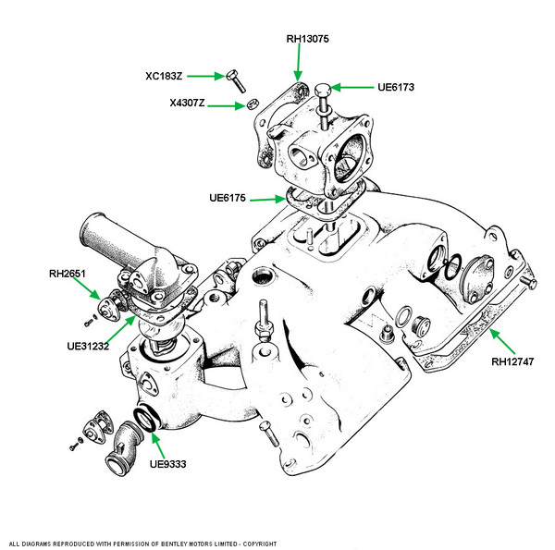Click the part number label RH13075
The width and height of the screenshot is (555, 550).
coord(307,39)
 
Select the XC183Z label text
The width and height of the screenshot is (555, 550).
coord(164,76)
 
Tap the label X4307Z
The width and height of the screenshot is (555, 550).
coord(187,103)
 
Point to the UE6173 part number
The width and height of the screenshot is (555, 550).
coord(396,87)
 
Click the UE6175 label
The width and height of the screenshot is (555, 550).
coord(228,198)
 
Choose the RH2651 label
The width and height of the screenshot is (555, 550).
coord(68,274)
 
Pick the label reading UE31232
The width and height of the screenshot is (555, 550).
coord(88,346)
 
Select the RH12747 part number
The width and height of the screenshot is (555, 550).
coord(512,361)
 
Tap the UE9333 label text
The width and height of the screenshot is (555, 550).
coord(167,464)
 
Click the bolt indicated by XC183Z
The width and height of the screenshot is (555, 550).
coord(236,81)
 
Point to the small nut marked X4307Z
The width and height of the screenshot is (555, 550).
coord(253,104)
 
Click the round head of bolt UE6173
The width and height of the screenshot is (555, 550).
coord(323,90)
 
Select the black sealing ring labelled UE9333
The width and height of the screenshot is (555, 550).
coord(144,420)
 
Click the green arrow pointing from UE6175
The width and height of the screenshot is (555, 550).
coord(267,200)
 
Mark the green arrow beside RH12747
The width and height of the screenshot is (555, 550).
coord(502,341)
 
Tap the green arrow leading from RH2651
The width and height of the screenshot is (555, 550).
coord(86,287)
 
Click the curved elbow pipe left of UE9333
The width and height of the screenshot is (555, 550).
coord(123,447)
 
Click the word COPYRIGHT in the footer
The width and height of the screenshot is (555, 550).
coord(260,544)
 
